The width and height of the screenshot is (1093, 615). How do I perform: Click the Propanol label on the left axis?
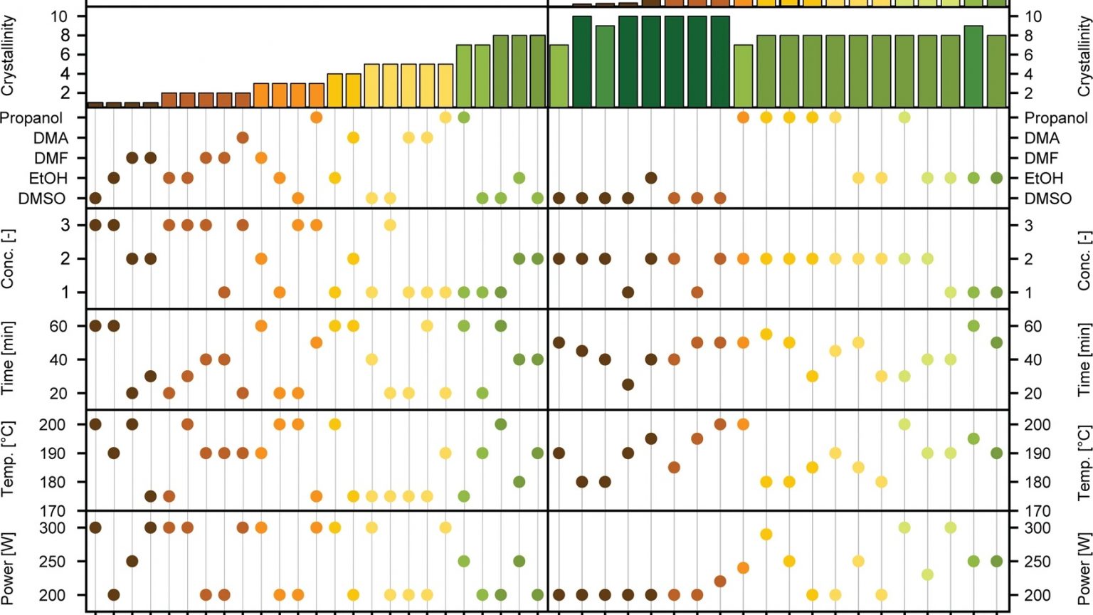(x=31, y=118)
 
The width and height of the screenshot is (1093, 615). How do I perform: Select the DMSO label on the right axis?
(x=1047, y=199)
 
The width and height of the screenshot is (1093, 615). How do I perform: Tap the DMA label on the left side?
(x=51, y=138)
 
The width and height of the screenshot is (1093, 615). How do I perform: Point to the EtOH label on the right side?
(x=1044, y=179)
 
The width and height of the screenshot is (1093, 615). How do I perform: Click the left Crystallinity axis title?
(x=9, y=57)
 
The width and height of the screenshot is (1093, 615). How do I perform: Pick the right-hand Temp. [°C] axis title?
(x=1084, y=463)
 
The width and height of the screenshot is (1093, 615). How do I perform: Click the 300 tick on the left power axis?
(x=52, y=528)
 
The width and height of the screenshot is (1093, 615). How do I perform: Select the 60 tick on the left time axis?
(x=58, y=327)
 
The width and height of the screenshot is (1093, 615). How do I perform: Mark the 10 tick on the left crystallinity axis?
(x=59, y=16)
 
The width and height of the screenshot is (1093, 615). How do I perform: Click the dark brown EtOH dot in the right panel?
(x=651, y=178)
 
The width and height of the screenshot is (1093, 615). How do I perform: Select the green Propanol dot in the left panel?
(x=464, y=117)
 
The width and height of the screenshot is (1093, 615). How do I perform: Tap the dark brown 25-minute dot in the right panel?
(x=628, y=384)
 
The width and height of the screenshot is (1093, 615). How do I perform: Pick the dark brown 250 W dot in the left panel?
(x=132, y=561)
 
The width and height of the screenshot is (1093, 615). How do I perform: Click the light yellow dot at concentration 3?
(x=390, y=225)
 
